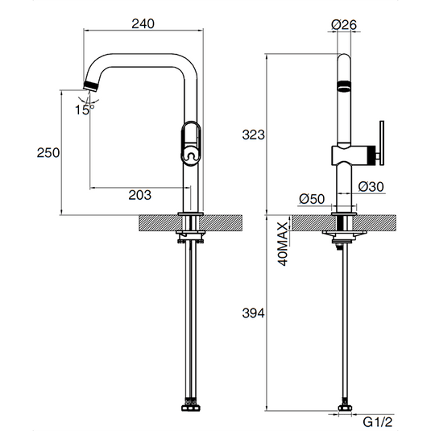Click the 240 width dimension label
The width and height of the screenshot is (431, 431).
142,24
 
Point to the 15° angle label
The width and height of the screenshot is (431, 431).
84,110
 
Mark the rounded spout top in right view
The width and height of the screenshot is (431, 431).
343,61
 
